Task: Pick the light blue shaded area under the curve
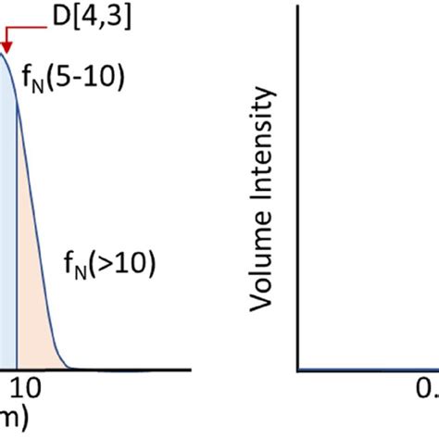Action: [7, 232]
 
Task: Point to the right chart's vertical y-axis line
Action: [297, 185]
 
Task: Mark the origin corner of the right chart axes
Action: [297, 370]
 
